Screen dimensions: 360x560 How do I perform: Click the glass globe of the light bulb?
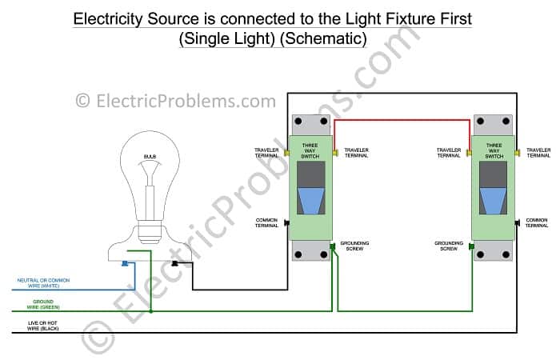click(150, 172)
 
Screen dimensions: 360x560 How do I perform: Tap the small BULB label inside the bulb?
click(150, 156)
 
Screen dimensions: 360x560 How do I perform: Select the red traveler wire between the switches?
click(400, 120)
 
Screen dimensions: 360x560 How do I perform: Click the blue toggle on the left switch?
click(310, 201)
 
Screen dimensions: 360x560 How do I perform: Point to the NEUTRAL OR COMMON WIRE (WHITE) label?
click(43, 282)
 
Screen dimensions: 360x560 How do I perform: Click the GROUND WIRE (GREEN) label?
click(43, 305)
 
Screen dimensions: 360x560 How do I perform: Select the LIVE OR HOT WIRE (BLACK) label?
click(43, 326)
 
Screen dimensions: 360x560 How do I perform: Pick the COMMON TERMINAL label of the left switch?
click(266, 222)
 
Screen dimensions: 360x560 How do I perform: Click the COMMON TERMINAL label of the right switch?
click(537, 222)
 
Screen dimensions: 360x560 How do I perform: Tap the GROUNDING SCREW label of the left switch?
click(355, 245)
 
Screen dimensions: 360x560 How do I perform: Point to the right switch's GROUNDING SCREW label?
click(449, 245)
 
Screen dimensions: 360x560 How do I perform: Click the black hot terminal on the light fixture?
click(175, 263)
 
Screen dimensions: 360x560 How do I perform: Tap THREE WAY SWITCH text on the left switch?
click(310, 151)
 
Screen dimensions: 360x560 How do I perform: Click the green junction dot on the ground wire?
click(150, 312)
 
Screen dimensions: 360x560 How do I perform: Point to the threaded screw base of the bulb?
click(150, 232)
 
